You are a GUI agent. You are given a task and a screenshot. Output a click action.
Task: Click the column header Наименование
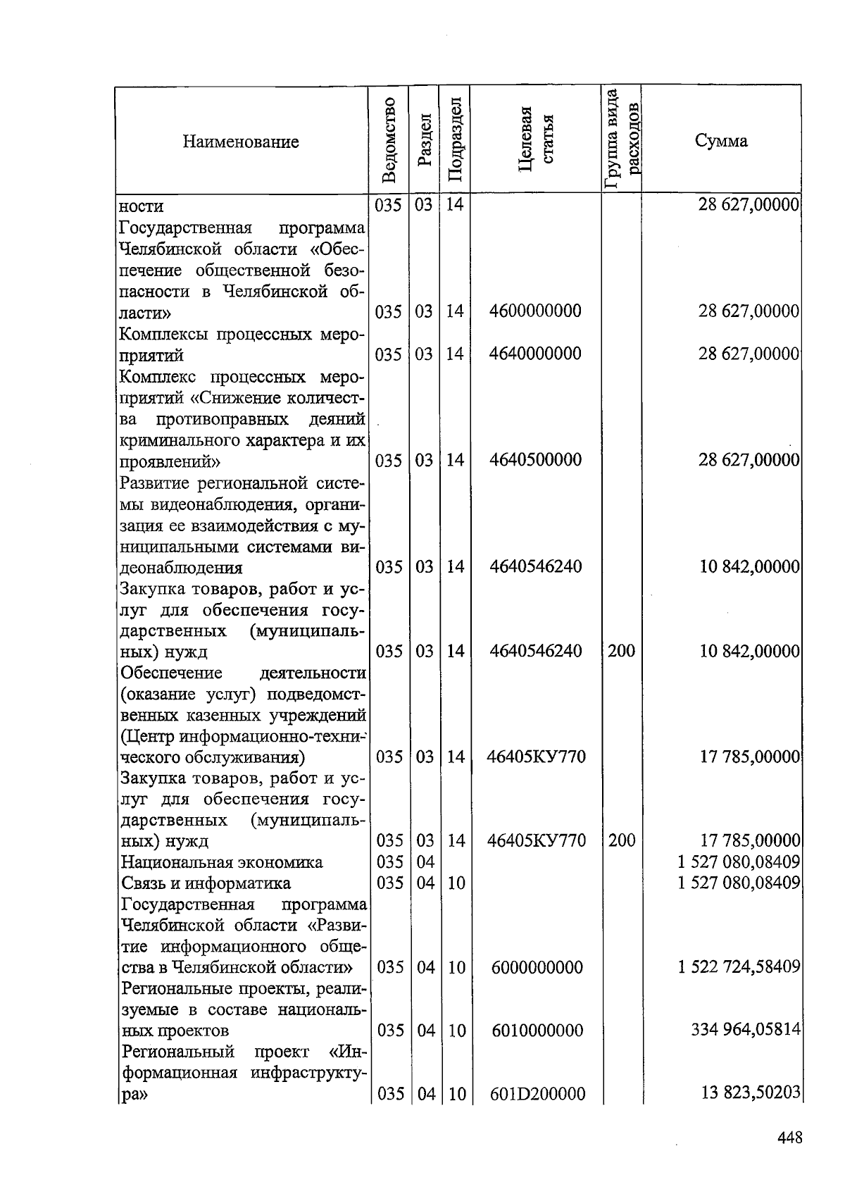pos(241,142)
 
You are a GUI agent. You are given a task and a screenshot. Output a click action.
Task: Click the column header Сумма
pos(721,141)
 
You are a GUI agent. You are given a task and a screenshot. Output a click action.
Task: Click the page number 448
pos(790,1137)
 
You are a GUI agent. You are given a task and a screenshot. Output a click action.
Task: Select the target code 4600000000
pos(535,311)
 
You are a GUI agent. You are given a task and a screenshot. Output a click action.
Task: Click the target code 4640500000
pos(535,460)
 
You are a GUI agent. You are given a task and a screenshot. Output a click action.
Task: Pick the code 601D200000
pos(538,1094)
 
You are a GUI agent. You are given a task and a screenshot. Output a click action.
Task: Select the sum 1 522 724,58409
pos(739,966)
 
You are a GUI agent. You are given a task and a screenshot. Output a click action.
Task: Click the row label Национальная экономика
pos(222,862)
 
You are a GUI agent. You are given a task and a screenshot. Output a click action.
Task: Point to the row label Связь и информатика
pos(206,883)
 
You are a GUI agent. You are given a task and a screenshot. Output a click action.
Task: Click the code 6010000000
pos(537,1031)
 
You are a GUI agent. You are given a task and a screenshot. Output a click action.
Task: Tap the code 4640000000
pos(535,354)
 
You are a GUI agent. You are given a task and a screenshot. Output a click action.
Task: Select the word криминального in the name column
pos(173,441)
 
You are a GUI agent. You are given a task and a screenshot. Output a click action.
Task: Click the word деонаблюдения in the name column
pos(181,568)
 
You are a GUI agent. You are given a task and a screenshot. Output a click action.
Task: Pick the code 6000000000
pos(537,967)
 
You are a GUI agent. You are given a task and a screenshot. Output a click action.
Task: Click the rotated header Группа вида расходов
pos(622,139)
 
